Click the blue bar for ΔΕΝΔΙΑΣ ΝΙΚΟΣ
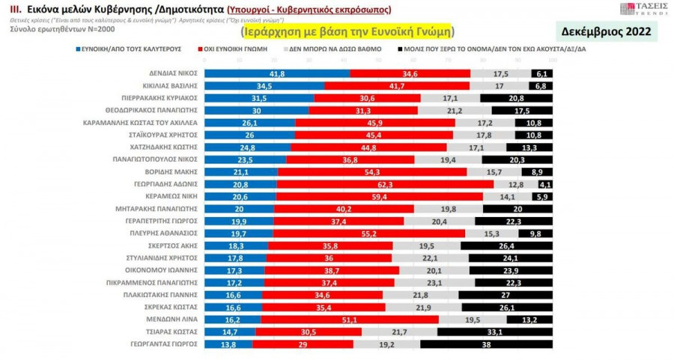point(277,73)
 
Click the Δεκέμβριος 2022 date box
point(607,31)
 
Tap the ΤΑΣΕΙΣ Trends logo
point(639,9)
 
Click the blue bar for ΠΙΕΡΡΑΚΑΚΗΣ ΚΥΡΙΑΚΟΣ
point(258,98)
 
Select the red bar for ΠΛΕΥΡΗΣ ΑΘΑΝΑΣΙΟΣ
point(368,233)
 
